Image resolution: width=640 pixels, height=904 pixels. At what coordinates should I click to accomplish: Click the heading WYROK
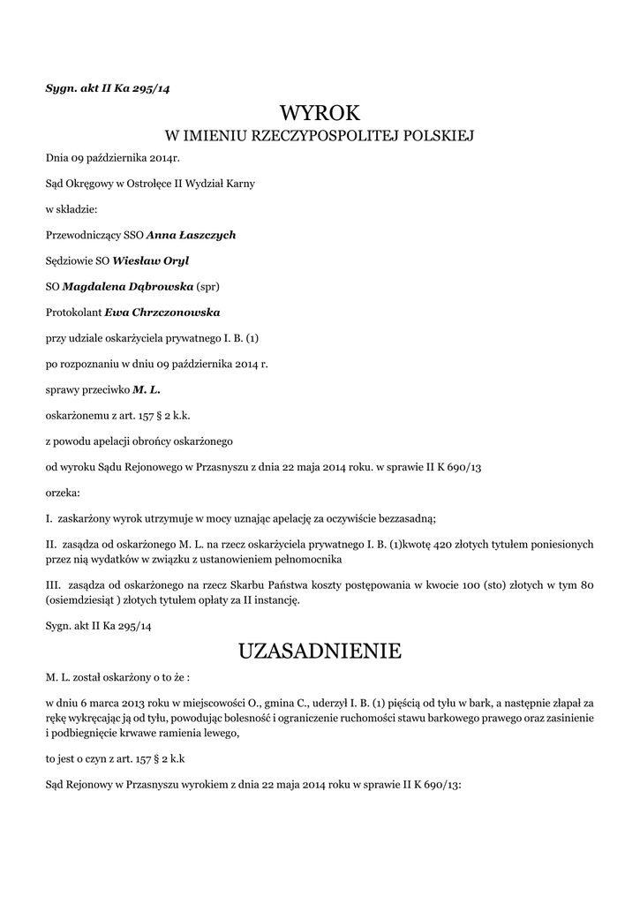coord(320,113)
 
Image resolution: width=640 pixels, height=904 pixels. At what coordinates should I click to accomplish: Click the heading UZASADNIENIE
coord(320,652)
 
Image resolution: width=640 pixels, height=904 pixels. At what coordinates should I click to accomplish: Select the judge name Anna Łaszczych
coord(191,235)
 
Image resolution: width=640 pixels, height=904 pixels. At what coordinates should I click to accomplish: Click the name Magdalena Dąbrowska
coord(127,287)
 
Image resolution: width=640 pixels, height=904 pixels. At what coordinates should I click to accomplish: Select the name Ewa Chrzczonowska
coord(162,313)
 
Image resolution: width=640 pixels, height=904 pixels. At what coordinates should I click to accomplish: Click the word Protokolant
coord(73,313)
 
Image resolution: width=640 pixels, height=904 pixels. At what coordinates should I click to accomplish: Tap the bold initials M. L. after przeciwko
coord(146,389)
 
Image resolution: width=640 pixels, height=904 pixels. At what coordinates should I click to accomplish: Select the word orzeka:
coord(63,492)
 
